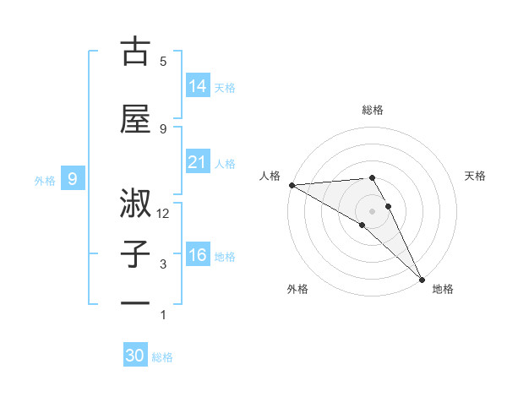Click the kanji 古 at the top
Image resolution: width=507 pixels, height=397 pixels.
135,52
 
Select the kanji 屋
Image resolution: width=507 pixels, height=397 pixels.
135,120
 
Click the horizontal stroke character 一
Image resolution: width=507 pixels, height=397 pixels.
135,302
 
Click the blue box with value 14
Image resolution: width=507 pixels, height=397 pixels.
198,86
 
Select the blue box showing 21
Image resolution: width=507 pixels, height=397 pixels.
198,162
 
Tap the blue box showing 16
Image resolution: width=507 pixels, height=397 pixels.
198,255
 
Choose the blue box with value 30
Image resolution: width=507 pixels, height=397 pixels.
135,356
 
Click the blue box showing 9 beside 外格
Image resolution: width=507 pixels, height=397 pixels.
74,179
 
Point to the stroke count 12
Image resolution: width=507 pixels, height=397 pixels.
164,214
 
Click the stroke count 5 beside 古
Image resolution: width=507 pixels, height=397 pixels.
163,61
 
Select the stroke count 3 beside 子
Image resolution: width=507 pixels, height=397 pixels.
163,264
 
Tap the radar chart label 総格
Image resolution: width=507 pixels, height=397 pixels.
373,110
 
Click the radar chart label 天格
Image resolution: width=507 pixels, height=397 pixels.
476,176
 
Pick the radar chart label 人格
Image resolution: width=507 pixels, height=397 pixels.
270,176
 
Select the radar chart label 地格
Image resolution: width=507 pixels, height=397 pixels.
443,289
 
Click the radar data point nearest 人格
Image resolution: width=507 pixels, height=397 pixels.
292,185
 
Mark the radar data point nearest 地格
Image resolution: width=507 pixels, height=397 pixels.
422,278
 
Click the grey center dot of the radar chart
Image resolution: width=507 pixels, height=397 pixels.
372,210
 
